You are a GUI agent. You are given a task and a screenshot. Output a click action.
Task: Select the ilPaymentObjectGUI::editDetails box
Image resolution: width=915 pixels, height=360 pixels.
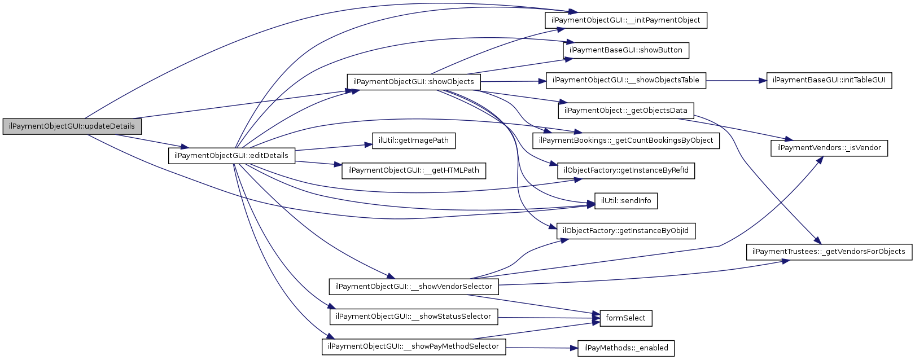231,156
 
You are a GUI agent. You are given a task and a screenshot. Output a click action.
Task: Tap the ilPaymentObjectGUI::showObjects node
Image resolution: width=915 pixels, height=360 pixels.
413,82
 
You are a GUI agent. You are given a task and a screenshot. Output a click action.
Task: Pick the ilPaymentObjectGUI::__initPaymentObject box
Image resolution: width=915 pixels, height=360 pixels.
625,20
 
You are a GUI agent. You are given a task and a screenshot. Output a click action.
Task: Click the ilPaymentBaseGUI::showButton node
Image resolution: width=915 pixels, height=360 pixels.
625,50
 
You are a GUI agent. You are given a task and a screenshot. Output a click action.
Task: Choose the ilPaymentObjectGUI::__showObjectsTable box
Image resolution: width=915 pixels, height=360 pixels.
625,80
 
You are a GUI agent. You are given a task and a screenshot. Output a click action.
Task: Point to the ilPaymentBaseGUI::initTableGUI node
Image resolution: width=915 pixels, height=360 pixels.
829,80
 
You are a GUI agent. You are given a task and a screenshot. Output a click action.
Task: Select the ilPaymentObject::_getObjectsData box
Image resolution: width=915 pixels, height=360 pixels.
625,111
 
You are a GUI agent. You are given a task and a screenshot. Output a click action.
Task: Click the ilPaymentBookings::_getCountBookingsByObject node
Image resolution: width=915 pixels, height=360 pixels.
626,141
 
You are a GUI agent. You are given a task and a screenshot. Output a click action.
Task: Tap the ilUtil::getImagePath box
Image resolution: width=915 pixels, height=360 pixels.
413,141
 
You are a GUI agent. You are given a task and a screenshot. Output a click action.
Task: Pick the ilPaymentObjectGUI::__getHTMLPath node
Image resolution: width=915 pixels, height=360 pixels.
413,170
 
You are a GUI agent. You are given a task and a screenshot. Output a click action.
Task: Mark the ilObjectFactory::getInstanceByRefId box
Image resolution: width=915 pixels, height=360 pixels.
625,170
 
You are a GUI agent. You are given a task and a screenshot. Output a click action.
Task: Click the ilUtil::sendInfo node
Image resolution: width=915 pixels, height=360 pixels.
625,201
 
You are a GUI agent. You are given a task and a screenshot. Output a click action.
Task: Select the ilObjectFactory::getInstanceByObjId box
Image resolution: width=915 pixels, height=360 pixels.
625,231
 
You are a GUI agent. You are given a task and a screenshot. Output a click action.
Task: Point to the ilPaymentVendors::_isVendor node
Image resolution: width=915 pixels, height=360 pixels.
829,148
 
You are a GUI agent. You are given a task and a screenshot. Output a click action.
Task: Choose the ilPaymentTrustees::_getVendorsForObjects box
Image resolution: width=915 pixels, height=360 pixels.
829,252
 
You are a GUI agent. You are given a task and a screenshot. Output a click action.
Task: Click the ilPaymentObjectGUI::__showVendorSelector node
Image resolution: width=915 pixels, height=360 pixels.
413,287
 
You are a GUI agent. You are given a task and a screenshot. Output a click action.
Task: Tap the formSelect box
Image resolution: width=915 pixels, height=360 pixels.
625,318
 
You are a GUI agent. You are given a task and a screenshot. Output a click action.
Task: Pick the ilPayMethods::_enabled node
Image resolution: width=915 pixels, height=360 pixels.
625,348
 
